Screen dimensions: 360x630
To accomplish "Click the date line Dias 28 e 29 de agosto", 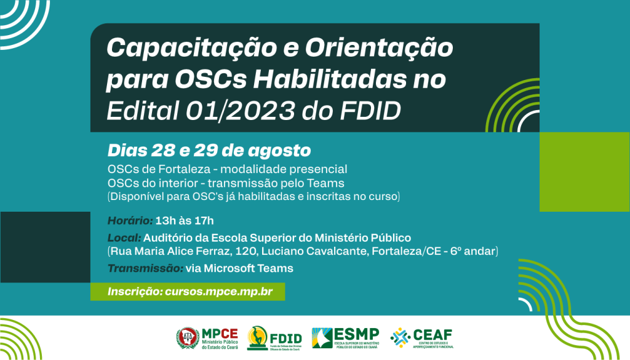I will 209,151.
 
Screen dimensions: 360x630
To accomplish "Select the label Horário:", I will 130,220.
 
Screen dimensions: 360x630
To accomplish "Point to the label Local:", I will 124,238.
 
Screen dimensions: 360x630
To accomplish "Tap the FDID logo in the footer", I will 275,338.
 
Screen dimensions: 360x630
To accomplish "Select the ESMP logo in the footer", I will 345,338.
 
